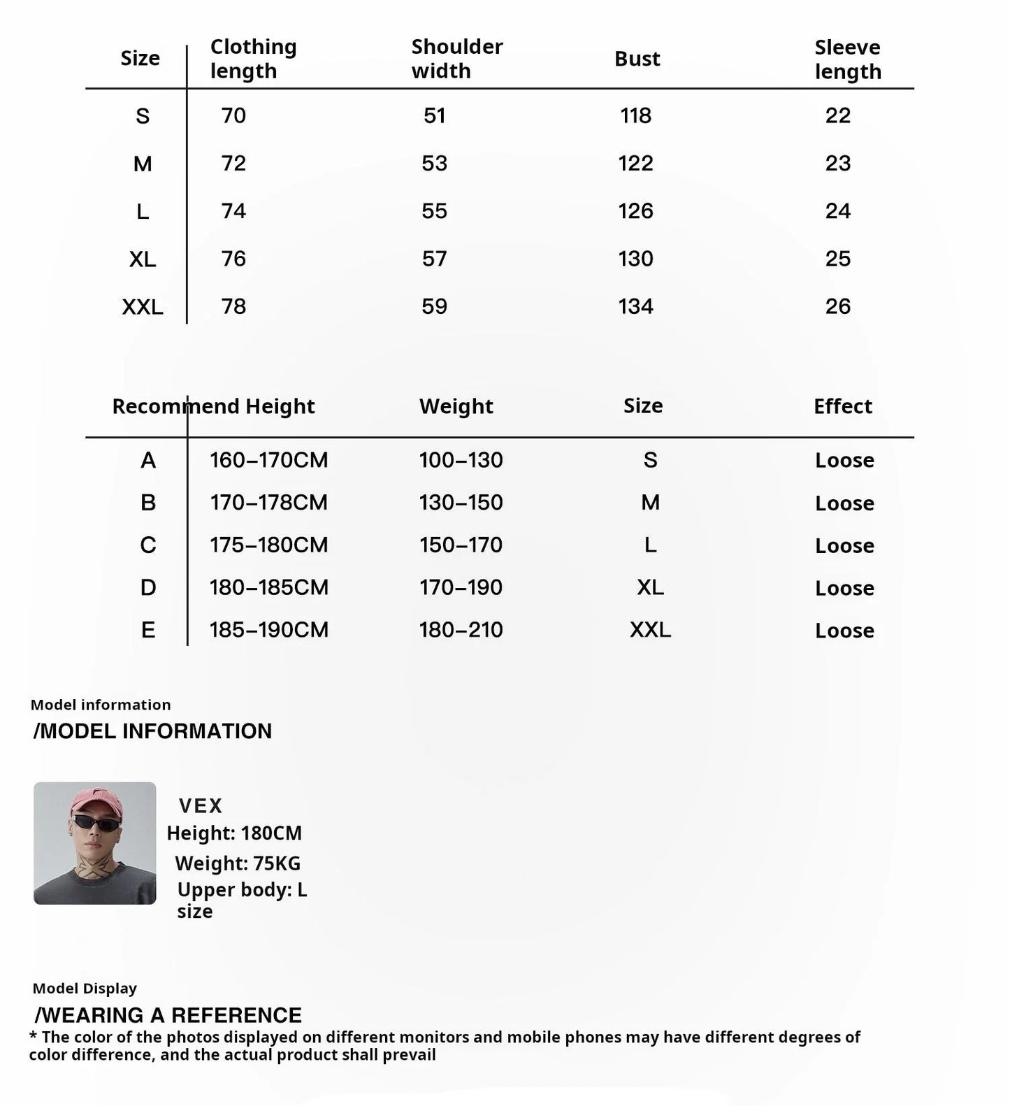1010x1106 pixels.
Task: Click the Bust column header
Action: [x=637, y=59]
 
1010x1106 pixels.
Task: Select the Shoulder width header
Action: [x=456, y=59]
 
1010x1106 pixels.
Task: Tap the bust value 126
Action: [x=635, y=211]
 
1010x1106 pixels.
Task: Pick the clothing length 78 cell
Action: [x=233, y=306]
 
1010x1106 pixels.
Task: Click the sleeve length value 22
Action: [x=837, y=115]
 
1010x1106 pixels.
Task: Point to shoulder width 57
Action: [x=434, y=259]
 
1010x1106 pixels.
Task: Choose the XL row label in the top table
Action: [x=143, y=259]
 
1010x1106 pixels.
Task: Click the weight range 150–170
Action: [x=461, y=545]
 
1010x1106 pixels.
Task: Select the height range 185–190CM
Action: [x=269, y=630]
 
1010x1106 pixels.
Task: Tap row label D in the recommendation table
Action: [x=148, y=587]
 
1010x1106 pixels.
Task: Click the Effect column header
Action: [x=842, y=406]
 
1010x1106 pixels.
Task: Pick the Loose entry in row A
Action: [x=844, y=460]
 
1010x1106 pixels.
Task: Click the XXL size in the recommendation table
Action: [x=650, y=630]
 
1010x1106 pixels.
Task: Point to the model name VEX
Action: [x=200, y=806]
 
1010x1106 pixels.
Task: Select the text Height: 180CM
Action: [x=234, y=833]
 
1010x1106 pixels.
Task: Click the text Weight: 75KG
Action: [x=238, y=863]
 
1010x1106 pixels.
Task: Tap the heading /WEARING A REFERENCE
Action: [x=168, y=1015]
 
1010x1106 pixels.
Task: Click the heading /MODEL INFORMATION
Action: [x=152, y=731]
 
